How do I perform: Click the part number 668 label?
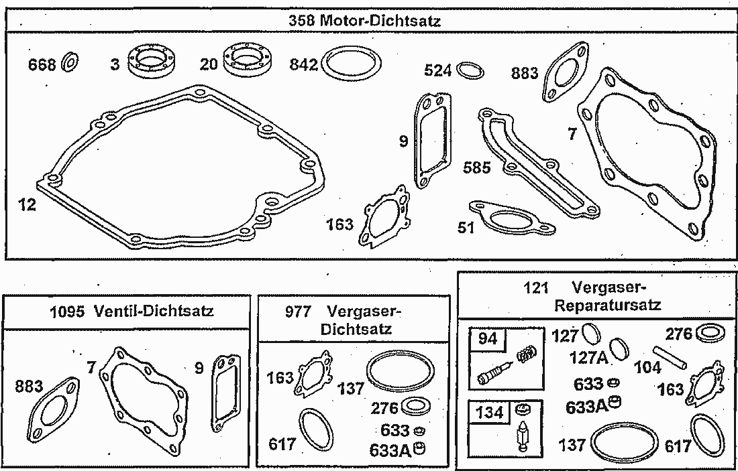(x=42, y=64)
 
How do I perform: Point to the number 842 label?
(x=303, y=64)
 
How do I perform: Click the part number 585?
(x=477, y=167)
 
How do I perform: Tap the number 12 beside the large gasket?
(x=27, y=205)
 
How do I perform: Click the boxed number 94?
(x=488, y=339)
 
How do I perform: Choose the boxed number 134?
(x=490, y=412)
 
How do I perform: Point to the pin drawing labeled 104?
(x=670, y=358)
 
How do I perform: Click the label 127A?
(x=588, y=358)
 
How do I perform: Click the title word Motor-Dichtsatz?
(x=380, y=21)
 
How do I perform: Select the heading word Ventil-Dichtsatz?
(x=154, y=311)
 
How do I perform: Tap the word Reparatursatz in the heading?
(x=608, y=305)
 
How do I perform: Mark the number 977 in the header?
(x=299, y=312)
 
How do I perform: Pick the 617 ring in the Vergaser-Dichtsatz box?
(x=316, y=429)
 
